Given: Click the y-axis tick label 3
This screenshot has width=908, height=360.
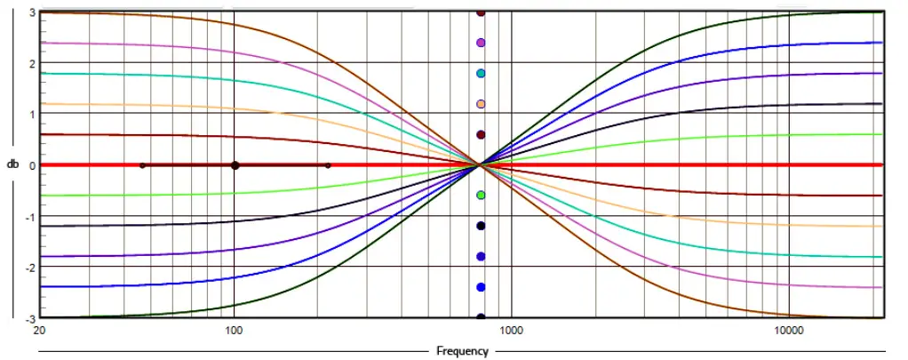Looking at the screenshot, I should tap(31, 12).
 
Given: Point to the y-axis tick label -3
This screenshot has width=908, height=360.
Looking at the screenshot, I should tap(29, 317).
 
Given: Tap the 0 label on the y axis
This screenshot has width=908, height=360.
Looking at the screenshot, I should tap(31, 165).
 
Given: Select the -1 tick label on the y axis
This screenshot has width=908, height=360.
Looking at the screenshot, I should tap(29, 216).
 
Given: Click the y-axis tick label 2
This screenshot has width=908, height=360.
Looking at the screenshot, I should tap(31, 63).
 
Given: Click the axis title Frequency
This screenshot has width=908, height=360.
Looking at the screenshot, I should tap(462, 351).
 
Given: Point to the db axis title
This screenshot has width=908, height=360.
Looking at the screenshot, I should tap(13, 165).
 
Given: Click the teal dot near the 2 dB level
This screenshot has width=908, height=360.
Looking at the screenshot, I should tap(481, 74).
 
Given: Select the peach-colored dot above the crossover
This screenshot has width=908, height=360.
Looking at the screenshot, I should tap(481, 104).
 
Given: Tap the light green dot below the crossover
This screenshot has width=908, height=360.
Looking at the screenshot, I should tap(481, 196).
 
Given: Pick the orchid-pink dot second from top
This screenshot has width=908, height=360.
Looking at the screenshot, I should tap(481, 43).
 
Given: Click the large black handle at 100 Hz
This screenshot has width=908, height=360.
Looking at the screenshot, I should tap(235, 165).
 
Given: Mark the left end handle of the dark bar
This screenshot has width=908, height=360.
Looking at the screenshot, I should tap(142, 165).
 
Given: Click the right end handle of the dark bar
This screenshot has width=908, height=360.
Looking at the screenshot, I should tap(328, 165).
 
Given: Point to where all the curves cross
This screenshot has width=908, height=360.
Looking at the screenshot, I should tap(481, 165).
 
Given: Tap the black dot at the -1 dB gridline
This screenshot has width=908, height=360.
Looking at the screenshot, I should tap(481, 226).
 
